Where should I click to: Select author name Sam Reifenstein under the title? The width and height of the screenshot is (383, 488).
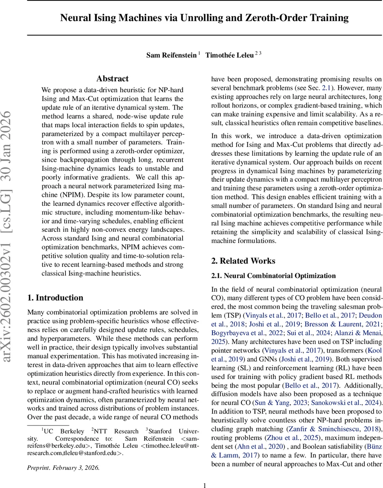pos(171,55)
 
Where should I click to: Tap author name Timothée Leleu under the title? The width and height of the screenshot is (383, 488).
pos(229,55)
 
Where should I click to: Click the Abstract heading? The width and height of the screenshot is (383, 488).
pos(112,78)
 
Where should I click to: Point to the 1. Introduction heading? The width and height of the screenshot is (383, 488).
pos(55,298)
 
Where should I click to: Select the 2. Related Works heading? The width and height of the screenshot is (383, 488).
pos(243,261)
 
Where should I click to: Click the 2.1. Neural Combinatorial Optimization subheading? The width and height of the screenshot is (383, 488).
pos(273,276)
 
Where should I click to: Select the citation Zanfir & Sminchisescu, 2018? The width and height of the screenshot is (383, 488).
pos(334,429)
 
